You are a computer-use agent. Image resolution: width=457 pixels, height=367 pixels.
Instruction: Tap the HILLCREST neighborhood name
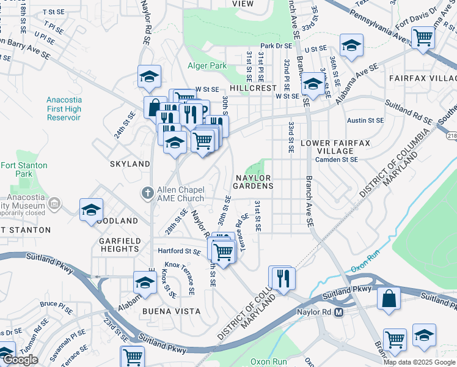click(255, 88)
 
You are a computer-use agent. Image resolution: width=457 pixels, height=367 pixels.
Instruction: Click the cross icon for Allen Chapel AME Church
click(147, 193)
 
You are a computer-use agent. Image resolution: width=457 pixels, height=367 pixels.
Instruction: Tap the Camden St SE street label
click(337, 160)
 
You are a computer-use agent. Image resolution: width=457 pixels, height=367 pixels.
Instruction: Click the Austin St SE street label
click(365, 121)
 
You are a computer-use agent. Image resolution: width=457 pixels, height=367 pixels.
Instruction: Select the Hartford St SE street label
click(179, 251)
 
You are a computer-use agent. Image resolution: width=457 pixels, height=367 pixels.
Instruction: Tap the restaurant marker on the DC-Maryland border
click(282, 278)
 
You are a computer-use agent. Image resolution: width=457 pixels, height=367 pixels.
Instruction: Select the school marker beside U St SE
click(351, 45)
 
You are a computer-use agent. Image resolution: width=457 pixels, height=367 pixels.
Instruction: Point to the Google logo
click(20, 360)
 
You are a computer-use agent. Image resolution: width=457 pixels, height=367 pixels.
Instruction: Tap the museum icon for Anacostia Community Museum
click(54, 203)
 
